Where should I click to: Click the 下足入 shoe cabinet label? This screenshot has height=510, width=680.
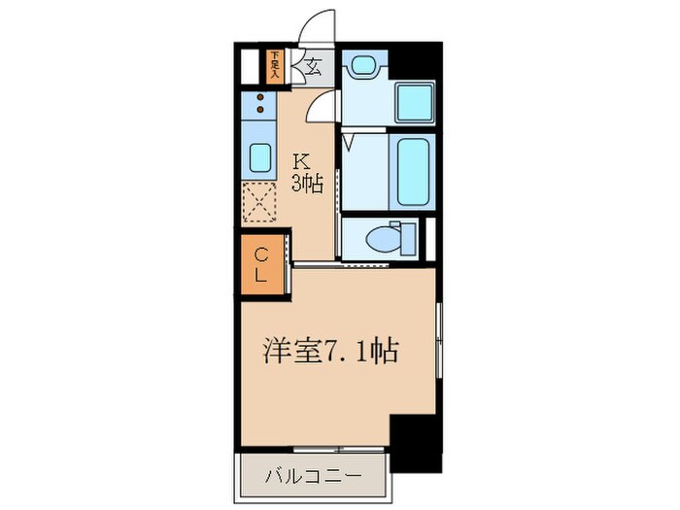coord(275,65)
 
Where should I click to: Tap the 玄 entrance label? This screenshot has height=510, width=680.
coord(316,67)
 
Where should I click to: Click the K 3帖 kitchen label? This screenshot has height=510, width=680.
coord(309,171)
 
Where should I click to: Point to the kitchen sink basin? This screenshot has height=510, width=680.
coord(260,157)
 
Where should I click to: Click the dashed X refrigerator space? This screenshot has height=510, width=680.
coord(260,204)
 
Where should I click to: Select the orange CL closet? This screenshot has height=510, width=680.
coord(262,264)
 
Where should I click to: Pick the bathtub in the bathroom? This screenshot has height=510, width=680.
coord(411,171)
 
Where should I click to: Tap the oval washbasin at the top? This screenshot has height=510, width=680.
coord(364,66)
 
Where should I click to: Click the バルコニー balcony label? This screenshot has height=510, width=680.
coord(315,477)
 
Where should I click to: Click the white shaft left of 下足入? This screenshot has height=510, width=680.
coord(250,65)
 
